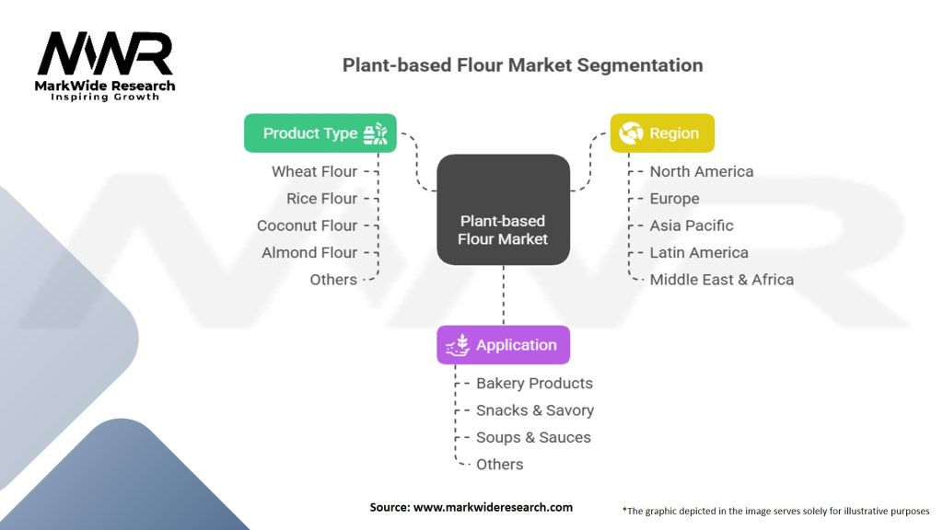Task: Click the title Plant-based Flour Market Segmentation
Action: coord(522,65)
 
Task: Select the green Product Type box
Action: coord(320,133)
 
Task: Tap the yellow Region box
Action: coord(662,133)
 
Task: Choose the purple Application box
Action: coord(503,345)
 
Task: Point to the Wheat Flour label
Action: coord(314,171)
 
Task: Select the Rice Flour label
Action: coord(321,199)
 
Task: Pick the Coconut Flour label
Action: coord(307,225)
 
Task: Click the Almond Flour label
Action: coord(309,252)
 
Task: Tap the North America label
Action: coord(701,171)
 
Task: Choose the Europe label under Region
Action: coord(674,199)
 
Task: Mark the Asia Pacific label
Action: coord(691,225)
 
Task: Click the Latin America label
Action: coord(698,252)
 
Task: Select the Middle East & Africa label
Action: coord(721,280)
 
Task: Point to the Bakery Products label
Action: coord(534,383)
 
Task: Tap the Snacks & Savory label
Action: coord(534,410)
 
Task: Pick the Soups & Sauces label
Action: coord(533,437)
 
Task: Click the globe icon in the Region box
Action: coord(631,133)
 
